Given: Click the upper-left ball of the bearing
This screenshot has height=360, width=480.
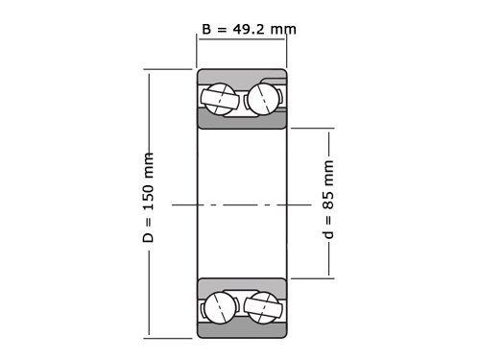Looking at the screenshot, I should point(219,97).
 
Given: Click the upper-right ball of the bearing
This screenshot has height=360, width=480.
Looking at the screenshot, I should point(264,97).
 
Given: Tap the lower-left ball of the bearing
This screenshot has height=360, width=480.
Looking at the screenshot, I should point(219,306).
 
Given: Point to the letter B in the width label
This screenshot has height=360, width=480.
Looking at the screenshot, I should point(206,28).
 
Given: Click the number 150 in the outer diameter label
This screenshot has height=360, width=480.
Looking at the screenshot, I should point(149,197).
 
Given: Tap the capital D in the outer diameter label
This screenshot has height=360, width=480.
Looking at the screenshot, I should point(149,236).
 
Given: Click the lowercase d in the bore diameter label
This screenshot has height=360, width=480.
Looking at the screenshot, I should point(329,234).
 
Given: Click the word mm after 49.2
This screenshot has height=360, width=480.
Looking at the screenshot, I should point(282,28).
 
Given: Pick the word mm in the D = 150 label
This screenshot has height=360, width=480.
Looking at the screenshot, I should point(149,163).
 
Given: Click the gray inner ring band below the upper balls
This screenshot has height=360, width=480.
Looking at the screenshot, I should point(241,120).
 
